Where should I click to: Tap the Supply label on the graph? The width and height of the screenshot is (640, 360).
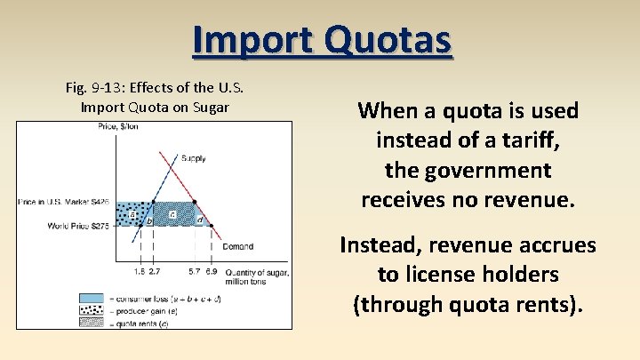click(193, 158)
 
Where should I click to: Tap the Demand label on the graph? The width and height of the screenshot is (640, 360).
click(238, 246)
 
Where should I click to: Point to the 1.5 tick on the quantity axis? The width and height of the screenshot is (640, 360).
click(140, 269)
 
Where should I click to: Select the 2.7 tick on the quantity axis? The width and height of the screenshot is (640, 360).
click(155, 269)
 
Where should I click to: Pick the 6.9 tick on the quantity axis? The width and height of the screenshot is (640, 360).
click(211, 269)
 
